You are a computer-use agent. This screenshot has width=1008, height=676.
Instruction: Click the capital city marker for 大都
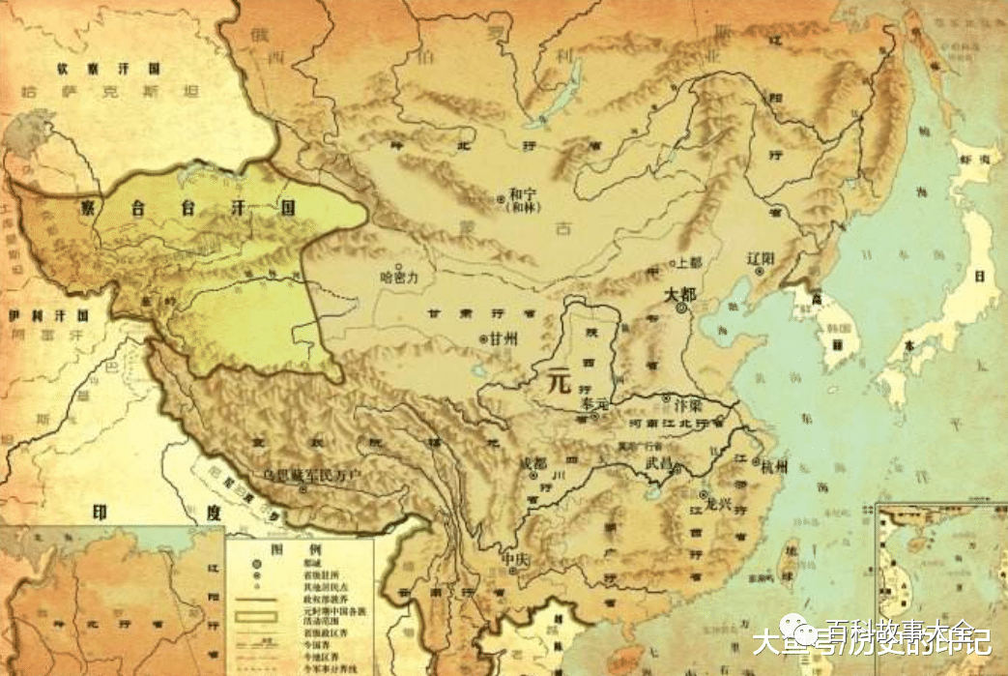[681, 308]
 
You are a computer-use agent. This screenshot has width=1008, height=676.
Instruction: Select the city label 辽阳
[762, 258]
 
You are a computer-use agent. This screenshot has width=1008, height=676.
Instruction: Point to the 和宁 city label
[523, 192]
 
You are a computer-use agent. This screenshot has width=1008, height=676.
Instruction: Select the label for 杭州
[773, 467]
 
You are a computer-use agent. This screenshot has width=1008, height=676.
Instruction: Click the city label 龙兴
[720, 503]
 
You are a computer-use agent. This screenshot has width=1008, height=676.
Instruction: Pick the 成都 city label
[533, 462]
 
